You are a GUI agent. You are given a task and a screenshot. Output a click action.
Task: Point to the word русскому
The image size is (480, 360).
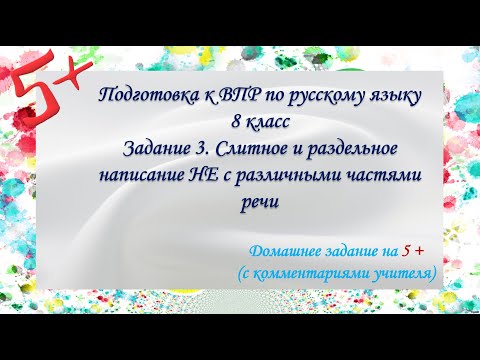315,97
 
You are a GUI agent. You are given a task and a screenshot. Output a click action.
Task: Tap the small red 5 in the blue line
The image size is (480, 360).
406,250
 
